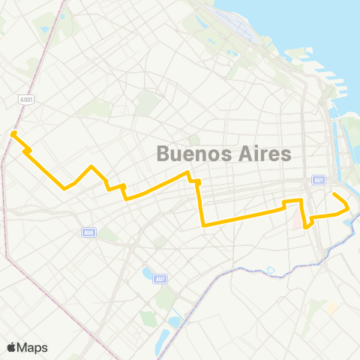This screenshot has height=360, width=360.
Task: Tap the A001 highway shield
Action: tap(25, 98)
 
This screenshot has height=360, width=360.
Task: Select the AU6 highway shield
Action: tap(88, 232)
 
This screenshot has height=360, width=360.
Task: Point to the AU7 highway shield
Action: tap(159, 280)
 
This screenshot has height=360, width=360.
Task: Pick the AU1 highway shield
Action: tap(319, 181)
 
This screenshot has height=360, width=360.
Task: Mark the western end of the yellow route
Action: tap(13, 134)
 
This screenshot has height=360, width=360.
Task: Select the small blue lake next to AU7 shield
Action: tap(147, 272)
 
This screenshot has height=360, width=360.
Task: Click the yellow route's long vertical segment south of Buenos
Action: tap(200, 202)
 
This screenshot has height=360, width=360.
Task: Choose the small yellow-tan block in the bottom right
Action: tap(331, 308)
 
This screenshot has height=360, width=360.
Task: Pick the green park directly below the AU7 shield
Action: tap(163, 298)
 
